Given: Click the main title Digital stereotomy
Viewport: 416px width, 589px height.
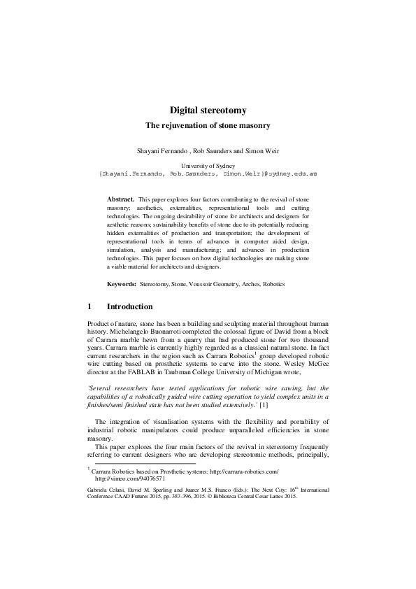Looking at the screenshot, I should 208,110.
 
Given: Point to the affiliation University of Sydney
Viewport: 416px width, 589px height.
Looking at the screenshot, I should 208,165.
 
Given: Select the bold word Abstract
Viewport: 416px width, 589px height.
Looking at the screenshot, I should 120,199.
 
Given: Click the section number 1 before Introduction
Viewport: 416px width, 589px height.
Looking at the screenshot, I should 89,306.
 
